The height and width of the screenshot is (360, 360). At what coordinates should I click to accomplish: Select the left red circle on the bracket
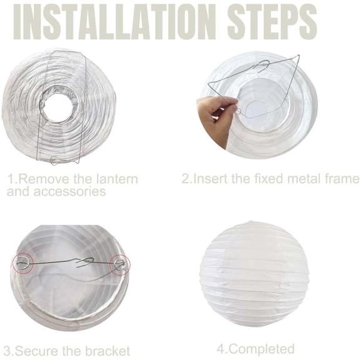[x=23, y=262]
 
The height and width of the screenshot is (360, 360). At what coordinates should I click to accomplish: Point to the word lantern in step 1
[x=116, y=179]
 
